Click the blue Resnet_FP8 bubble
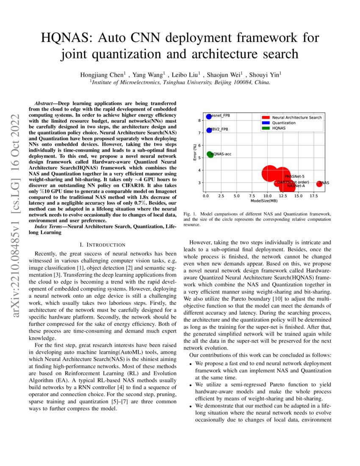[x=208, y=116]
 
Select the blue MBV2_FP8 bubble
[x=209, y=130]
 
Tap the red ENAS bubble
[x=319, y=183]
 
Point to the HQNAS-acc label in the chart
[x=222, y=155]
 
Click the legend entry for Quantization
[x=284, y=123]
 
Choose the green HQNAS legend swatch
[x=266, y=128]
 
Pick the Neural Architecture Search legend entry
[x=296, y=117]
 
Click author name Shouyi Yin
[x=265, y=75]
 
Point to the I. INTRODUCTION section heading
[x=102, y=244]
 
